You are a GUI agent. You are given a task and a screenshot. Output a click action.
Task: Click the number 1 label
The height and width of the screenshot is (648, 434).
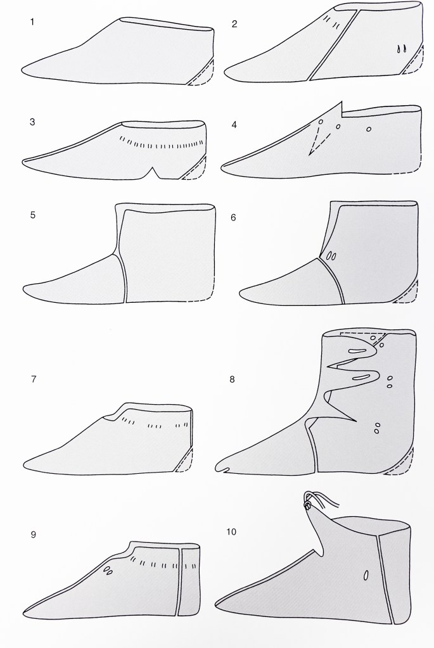pos(32,22)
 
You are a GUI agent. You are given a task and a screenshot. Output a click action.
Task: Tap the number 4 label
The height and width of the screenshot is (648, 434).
pos(234,124)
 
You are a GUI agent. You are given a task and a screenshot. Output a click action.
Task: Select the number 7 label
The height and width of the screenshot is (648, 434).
pos(34,379)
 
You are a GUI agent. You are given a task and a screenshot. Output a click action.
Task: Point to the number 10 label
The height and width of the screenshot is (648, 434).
pos(231,531)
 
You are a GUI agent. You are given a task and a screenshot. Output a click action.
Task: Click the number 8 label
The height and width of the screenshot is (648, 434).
pos(232,379)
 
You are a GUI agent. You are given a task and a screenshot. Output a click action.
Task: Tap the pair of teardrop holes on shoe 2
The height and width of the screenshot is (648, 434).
pos(401,49)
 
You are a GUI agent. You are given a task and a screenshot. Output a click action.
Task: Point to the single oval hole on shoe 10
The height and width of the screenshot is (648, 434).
pos(366,575)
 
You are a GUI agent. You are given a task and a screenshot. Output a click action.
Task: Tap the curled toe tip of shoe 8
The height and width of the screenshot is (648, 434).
pos(220,466)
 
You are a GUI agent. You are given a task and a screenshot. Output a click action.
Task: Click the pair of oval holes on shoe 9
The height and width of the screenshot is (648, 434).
pos(109,571)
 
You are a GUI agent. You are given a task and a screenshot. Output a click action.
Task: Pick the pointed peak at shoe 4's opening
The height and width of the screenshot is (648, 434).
pos(341,101)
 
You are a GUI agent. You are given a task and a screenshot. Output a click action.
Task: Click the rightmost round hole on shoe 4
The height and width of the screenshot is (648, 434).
pos(369,129)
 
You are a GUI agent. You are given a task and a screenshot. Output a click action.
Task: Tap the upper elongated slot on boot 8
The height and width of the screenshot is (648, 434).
pos(359,351)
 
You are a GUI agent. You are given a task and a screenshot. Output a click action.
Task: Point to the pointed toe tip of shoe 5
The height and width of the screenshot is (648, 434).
pos(24,288)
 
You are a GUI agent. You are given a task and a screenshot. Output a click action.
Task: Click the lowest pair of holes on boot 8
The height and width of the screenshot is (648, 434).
pos(377,428)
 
